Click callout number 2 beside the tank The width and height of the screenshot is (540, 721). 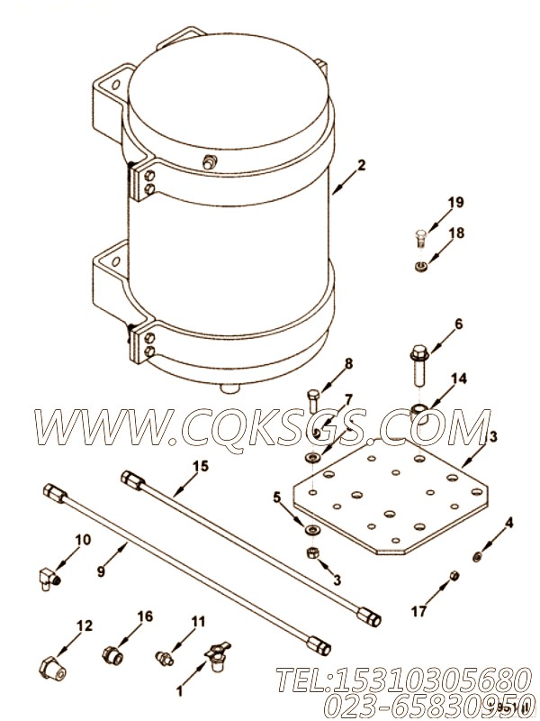coord(361,165)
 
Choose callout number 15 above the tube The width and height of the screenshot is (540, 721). coord(199,466)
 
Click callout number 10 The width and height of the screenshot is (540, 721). coord(83,540)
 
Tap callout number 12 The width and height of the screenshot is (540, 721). coord(83,625)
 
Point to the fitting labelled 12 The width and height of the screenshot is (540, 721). coord(52,668)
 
